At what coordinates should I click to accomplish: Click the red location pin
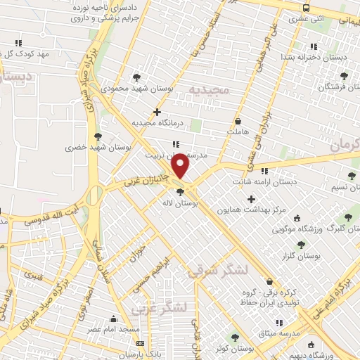181,165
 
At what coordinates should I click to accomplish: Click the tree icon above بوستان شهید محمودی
136,77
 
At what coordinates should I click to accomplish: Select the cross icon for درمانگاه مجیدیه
157,112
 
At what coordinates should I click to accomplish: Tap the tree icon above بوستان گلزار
301,245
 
